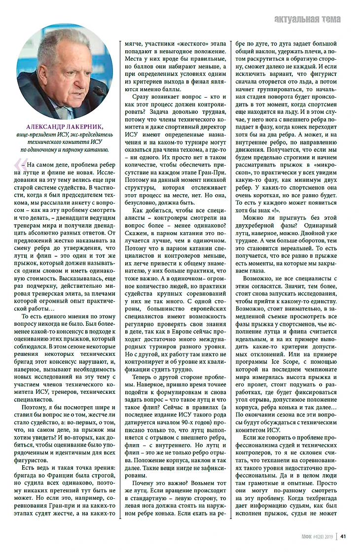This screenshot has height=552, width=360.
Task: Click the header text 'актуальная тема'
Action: click(x=314, y=20)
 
